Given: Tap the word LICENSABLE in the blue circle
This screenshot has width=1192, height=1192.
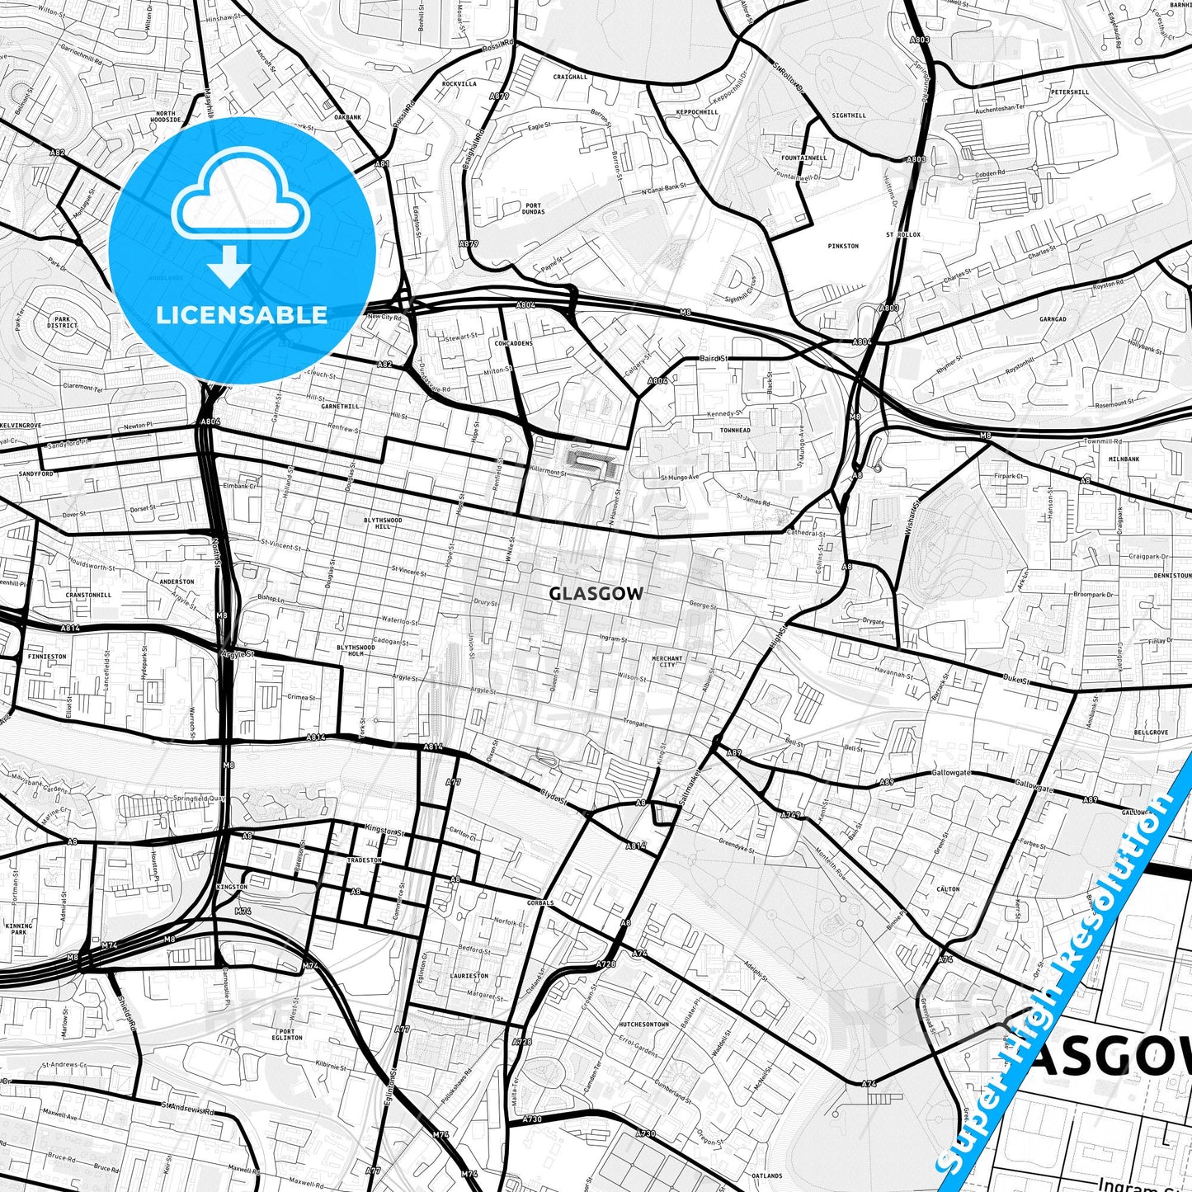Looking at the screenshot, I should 242,315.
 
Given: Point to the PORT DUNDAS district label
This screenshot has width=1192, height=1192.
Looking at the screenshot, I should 533,209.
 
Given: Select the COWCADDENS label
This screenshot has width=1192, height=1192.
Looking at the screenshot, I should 514,343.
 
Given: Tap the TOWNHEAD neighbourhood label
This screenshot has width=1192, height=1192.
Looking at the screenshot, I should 735,431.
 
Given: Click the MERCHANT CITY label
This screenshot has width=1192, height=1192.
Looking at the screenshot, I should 667,662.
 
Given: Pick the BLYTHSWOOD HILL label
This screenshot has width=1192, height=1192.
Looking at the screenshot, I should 383,523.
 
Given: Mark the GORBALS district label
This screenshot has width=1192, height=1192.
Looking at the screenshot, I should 541,902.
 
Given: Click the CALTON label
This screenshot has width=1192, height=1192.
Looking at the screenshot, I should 949,889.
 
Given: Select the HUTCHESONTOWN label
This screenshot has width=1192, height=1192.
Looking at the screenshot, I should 643,1025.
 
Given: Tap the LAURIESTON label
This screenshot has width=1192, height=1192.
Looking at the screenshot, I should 469,976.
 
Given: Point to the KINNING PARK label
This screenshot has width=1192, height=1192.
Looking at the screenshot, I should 19,929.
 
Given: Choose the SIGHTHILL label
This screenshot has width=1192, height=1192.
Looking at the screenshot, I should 849,115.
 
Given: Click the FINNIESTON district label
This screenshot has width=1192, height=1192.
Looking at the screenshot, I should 47,657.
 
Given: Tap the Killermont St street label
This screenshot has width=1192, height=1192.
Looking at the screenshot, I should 549,473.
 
